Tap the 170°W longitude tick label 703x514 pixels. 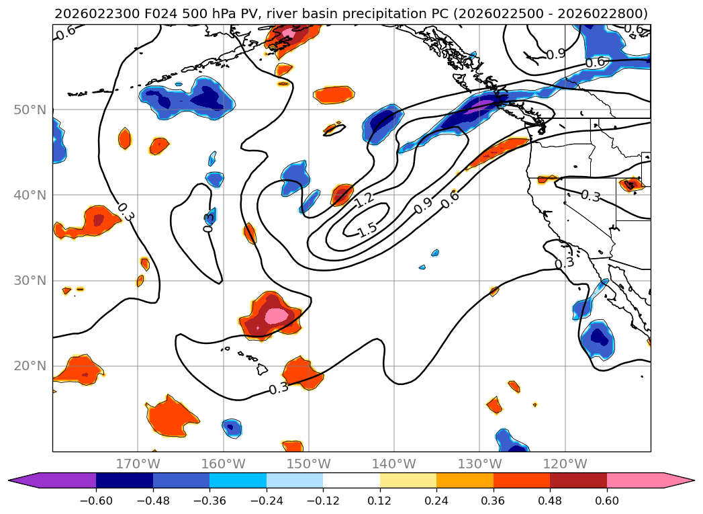(x=137, y=464)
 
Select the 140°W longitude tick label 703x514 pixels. (x=393, y=464)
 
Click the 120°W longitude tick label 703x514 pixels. (x=565, y=464)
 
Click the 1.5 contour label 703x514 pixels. (x=367, y=230)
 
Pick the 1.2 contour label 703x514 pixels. (x=365, y=199)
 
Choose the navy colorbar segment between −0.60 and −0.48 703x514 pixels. (x=124, y=480)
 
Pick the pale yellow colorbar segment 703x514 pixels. (x=408, y=480)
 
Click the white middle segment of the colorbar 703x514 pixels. (x=351, y=480)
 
